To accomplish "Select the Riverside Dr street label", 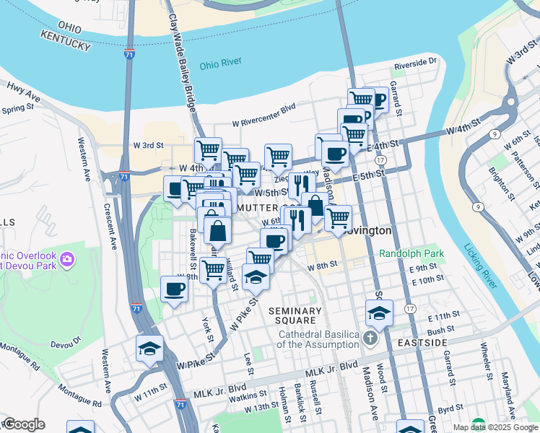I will [415, 64].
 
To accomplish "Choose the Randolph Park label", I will [411, 253].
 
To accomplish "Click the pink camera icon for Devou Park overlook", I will [67, 258].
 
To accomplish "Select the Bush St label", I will [440, 330].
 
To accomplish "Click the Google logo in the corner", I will [24, 424].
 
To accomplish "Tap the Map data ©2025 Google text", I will [495, 427].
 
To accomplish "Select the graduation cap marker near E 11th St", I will [379, 312].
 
